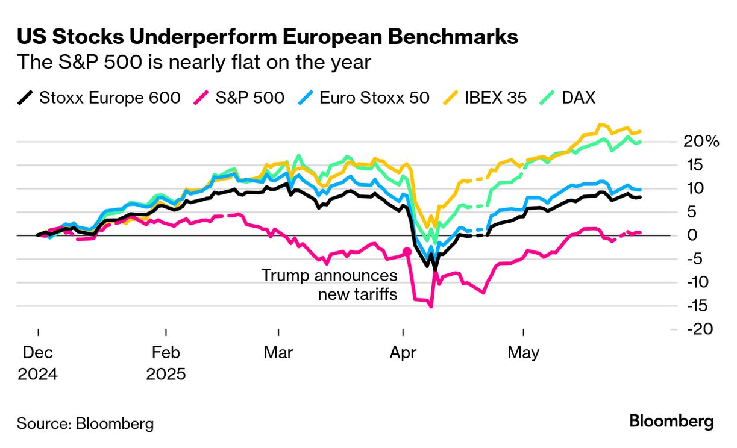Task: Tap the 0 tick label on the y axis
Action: [x=692, y=235]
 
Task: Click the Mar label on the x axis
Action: [x=278, y=352]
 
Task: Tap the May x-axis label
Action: [x=524, y=352]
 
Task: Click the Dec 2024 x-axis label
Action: [x=37, y=363]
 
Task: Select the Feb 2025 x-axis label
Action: [x=166, y=363]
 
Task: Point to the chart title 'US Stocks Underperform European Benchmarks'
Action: [x=267, y=37]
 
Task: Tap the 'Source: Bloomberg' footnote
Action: [x=85, y=423]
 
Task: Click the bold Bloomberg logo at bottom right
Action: [x=671, y=422]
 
